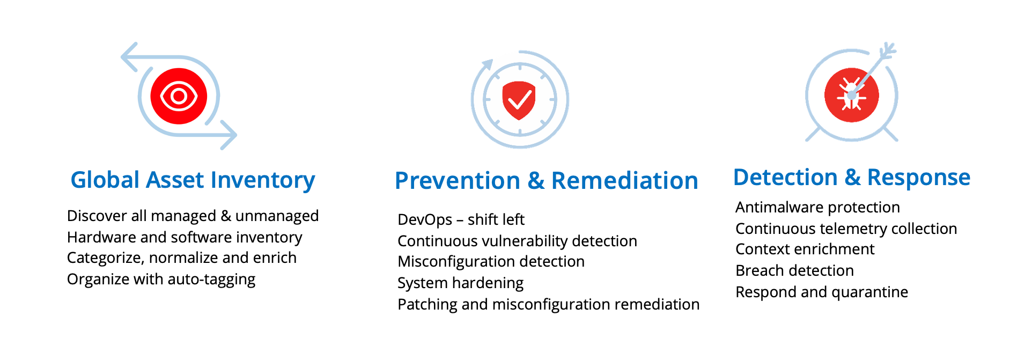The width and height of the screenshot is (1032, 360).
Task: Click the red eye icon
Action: (x=179, y=97)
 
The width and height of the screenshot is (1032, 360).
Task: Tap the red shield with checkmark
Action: (x=519, y=100)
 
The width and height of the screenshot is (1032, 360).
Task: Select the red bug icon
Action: (x=851, y=95)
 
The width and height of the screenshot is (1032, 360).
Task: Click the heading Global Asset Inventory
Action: (x=193, y=180)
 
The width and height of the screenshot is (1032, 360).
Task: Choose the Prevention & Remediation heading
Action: (x=546, y=181)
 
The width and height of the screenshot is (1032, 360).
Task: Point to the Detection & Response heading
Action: (x=851, y=178)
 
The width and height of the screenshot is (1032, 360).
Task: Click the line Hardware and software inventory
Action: (x=185, y=237)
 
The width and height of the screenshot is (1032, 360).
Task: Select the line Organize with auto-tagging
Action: (x=161, y=279)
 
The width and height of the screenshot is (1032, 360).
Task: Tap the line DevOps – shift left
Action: (x=461, y=219)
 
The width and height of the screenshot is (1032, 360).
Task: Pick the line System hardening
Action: (x=460, y=283)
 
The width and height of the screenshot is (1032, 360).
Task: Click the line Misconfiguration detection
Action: (x=491, y=261)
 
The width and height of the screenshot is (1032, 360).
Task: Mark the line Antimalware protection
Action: (x=817, y=207)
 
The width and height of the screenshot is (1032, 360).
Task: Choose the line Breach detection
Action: (x=794, y=270)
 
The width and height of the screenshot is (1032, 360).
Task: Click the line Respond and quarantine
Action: (x=822, y=292)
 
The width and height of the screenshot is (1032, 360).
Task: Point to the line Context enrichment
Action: (x=805, y=249)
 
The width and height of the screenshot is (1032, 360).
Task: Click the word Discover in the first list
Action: (x=97, y=216)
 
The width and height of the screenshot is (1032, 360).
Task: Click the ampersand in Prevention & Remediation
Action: (x=536, y=181)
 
